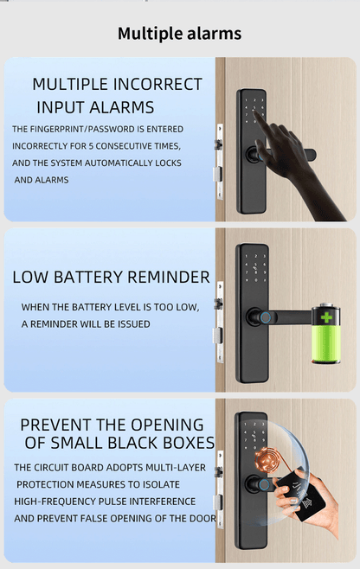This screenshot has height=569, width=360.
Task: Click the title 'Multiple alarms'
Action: point(179,34)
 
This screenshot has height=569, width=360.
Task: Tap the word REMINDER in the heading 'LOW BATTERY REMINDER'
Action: point(170,278)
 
